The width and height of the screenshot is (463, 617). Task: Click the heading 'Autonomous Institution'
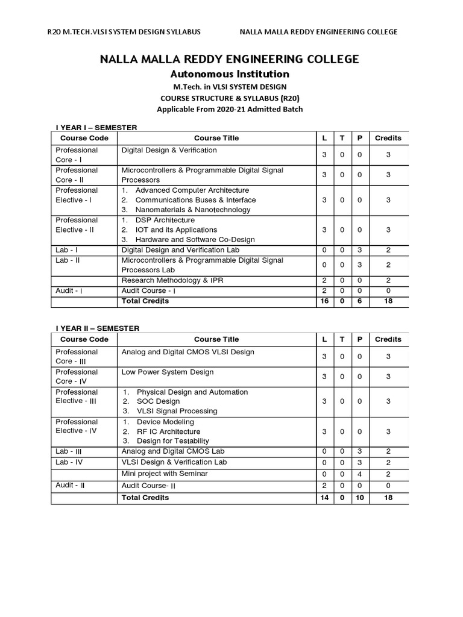click(x=230, y=74)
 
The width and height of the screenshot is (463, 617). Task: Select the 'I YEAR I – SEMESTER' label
click(x=96, y=127)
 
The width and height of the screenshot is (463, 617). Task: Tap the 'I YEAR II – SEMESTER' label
click(x=97, y=328)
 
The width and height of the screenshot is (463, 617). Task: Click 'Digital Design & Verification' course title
click(x=169, y=150)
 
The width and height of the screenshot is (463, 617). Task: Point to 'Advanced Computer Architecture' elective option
click(x=192, y=190)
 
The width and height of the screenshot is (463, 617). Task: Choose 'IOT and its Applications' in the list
click(x=176, y=230)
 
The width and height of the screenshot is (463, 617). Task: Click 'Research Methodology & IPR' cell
click(x=172, y=281)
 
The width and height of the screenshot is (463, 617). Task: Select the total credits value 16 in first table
click(x=325, y=301)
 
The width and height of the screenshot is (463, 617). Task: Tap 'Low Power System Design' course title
click(x=168, y=372)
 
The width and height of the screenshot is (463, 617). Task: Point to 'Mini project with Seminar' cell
click(x=165, y=474)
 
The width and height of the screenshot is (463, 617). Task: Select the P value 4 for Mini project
click(x=359, y=474)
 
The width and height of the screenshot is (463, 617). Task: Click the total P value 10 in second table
click(x=359, y=498)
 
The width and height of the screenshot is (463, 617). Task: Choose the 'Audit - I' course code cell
click(x=69, y=290)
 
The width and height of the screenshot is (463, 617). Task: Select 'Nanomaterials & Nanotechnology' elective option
click(x=192, y=210)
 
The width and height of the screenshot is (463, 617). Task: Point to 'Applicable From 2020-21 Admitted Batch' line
click(x=230, y=109)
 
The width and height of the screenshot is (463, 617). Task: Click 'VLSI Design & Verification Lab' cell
click(x=174, y=462)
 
